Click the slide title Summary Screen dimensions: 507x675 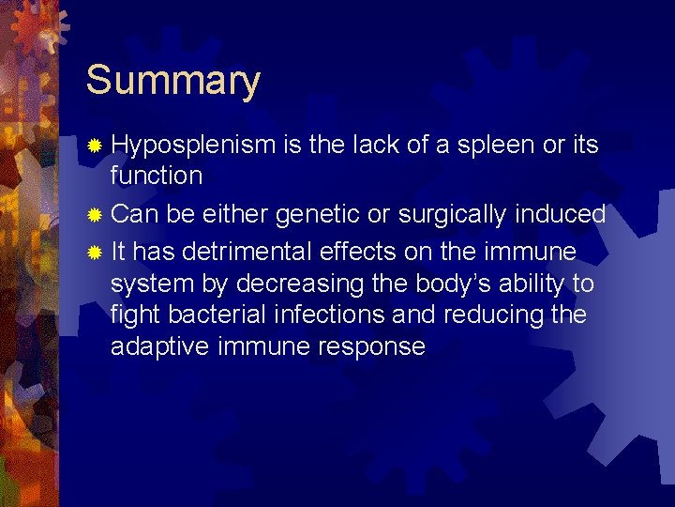(x=172, y=82)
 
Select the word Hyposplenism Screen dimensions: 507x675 (x=193, y=146)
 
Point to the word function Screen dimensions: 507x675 (x=156, y=176)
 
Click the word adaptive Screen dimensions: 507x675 (x=159, y=346)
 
